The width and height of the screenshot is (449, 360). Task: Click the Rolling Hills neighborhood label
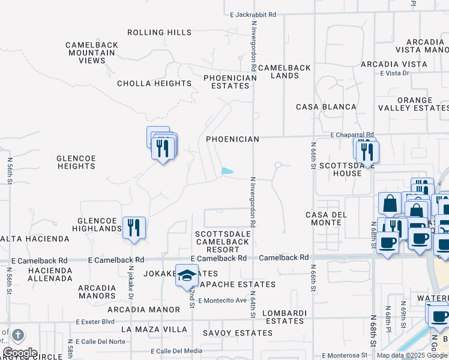[159, 32]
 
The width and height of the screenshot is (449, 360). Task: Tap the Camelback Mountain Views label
[90, 52]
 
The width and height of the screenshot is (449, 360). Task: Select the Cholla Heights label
[154, 83]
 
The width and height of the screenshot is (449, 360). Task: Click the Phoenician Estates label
[226, 82]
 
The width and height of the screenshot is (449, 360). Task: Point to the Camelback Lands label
[285, 71]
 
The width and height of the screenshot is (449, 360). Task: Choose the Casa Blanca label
[327, 107]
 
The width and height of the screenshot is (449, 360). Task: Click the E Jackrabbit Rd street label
[253, 14]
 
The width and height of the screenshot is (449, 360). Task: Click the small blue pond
[228, 171]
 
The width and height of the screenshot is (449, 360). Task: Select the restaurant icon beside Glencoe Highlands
[134, 227]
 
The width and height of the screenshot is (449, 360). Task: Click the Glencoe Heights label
[76, 162]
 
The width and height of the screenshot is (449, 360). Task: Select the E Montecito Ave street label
[222, 300]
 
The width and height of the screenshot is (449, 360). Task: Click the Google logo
[20, 353]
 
